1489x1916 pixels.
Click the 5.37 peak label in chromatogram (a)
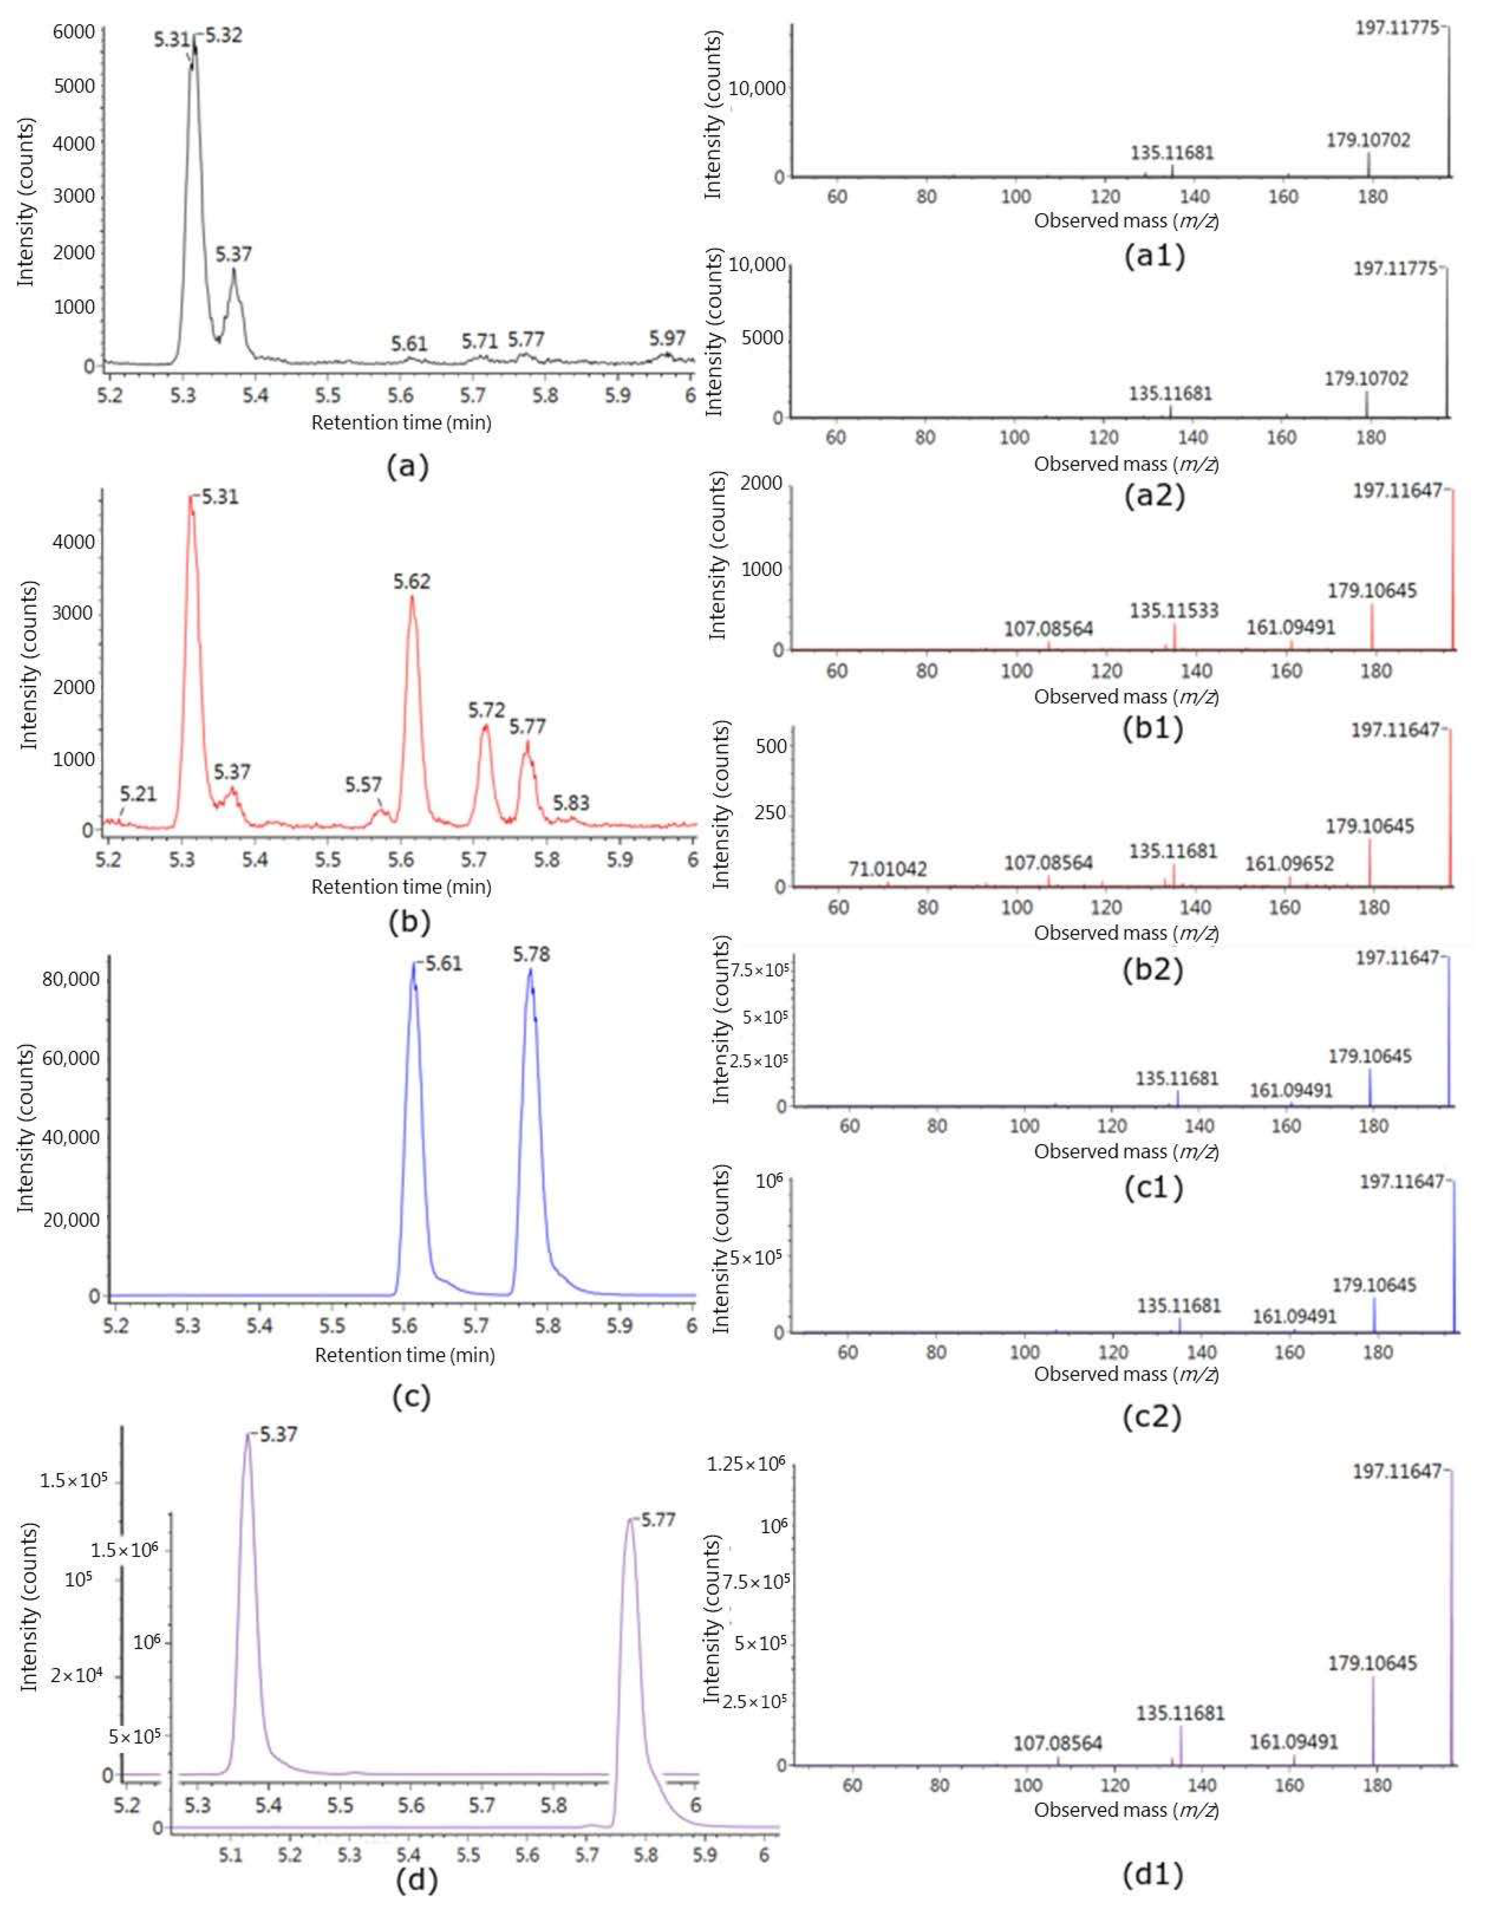[x=234, y=254]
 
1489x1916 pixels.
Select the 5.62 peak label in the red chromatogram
[x=412, y=582]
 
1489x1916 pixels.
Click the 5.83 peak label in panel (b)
[x=571, y=803]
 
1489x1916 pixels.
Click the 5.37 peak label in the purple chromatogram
[x=279, y=1435]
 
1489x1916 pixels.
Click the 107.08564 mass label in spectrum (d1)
[x=1058, y=1743]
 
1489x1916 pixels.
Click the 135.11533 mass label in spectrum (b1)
[x=1174, y=611]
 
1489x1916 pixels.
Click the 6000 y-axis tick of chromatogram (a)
[x=74, y=32]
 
